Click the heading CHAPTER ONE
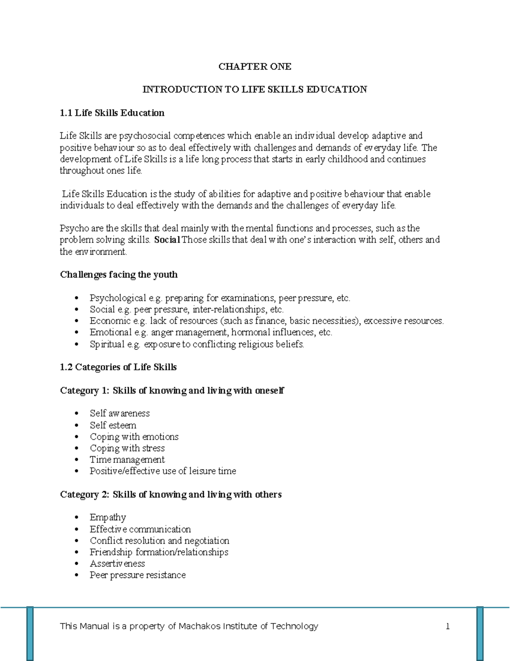[x=255, y=66]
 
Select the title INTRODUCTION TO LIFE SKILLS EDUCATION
[x=255, y=89]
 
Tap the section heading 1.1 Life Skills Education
[x=112, y=113]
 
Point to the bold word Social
[x=167, y=240]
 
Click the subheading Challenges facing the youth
[x=119, y=275]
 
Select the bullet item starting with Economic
[x=266, y=321]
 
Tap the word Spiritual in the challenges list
[x=107, y=344]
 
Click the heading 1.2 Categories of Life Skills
[x=118, y=367]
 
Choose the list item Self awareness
[x=119, y=413]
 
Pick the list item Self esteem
[x=113, y=425]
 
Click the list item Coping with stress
[x=127, y=448]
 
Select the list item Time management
[x=127, y=460]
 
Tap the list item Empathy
[x=108, y=517]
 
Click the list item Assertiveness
[x=117, y=564]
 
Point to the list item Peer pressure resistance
[x=138, y=575]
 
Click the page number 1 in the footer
[x=448, y=626]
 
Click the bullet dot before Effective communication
[x=76, y=529]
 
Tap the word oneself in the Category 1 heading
[x=269, y=390]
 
